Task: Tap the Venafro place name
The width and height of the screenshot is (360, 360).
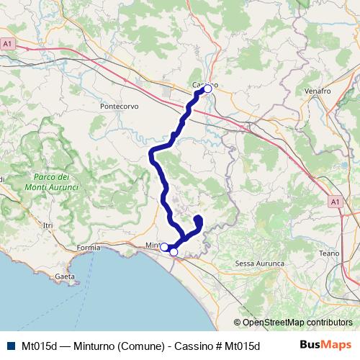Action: click(317, 91)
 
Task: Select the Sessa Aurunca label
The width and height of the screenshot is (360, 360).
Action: click(261, 264)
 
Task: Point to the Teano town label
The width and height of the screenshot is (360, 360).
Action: click(328, 253)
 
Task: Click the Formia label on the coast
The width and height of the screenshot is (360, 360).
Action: click(89, 248)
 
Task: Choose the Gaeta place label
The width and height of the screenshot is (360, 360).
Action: click(65, 276)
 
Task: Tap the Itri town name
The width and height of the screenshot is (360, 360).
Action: click(48, 225)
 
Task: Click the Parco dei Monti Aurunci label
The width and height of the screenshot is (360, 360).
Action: click(55, 181)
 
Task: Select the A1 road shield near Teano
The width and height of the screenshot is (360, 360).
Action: click(336, 203)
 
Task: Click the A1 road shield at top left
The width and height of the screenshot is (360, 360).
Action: click(8, 44)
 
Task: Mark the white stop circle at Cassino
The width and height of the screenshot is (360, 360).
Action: click(207, 89)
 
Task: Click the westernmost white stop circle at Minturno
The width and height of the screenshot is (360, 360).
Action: click(164, 247)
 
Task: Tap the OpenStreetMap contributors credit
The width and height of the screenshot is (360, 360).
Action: click(293, 322)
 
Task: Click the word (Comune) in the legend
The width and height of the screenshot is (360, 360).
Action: click(142, 345)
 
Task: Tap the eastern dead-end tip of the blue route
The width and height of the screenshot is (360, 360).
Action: click(198, 218)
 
